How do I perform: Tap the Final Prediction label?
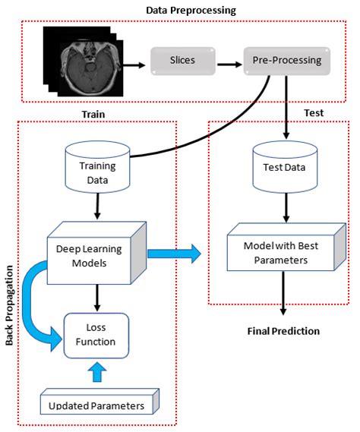(x=283, y=331)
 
